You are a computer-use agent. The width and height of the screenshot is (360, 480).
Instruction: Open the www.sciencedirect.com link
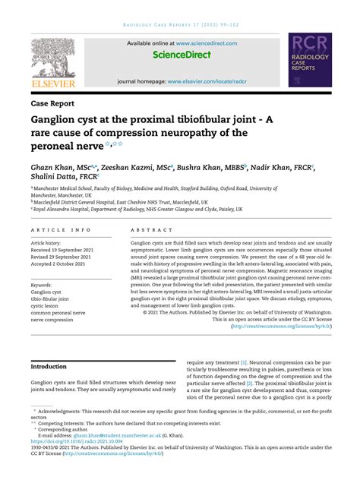point(202,43)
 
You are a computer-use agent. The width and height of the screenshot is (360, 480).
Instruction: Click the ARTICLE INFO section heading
point(60,229)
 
